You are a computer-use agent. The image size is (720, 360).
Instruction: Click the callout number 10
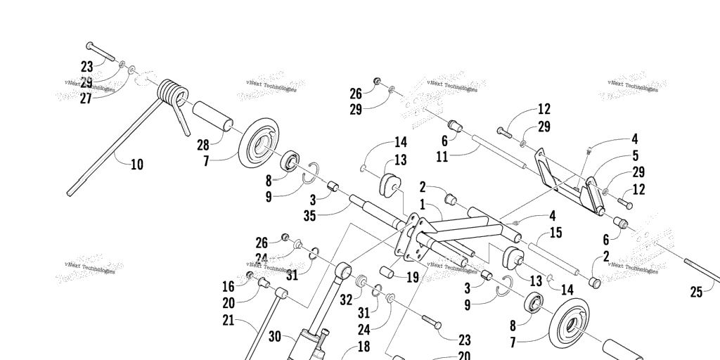(x=137, y=165)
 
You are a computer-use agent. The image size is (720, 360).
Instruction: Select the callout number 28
(x=204, y=146)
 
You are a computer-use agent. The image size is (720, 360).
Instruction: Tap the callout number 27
(x=86, y=98)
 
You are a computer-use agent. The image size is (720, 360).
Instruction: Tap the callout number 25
(x=696, y=292)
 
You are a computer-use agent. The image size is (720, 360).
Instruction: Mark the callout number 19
(x=412, y=278)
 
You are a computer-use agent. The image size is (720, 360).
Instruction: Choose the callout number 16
(x=229, y=287)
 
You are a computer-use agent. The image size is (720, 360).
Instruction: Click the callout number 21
(x=228, y=321)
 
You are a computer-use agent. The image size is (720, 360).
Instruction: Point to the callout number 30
(x=274, y=337)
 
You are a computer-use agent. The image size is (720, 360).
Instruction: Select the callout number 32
(x=346, y=299)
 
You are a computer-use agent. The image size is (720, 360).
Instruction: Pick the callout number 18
(x=364, y=346)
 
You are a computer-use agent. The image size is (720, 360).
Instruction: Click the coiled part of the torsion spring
(x=172, y=93)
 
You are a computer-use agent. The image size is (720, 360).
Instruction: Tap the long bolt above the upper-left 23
(x=103, y=51)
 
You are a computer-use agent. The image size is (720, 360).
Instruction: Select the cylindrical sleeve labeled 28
(x=213, y=115)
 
